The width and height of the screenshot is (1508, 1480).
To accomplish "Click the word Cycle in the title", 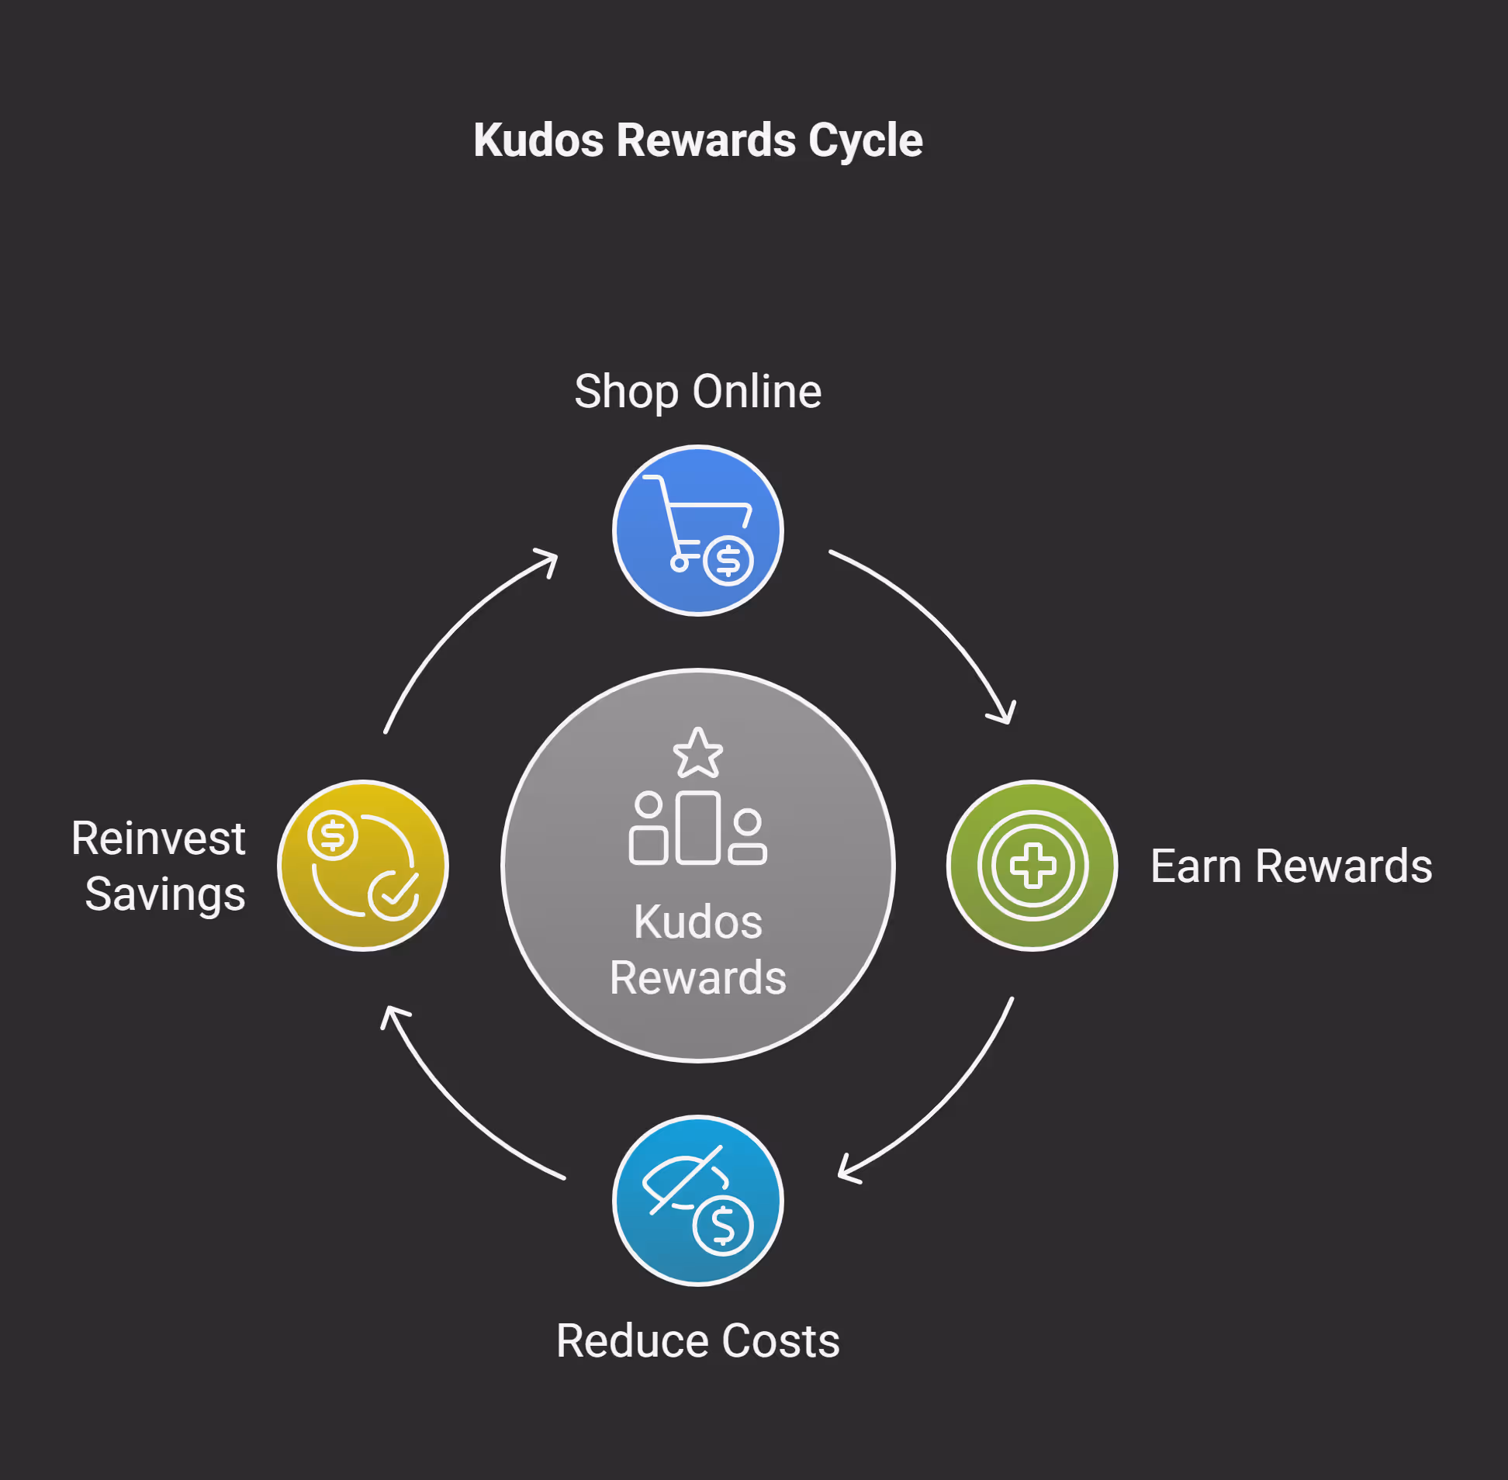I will (x=864, y=140).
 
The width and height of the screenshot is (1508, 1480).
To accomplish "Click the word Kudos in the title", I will (x=538, y=140).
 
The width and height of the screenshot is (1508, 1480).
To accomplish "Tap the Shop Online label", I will (x=697, y=391).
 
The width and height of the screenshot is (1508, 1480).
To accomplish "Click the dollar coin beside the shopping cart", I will (x=728, y=561).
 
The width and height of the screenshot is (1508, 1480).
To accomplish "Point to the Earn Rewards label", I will (x=1291, y=866).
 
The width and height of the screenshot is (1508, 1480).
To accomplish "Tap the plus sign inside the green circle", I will (x=1032, y=865).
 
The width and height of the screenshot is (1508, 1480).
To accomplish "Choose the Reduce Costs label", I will (x=697, y=1341).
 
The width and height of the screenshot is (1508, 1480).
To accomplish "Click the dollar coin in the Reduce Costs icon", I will (x=723, y=1226).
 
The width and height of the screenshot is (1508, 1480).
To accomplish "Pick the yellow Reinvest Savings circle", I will (x=363, y=865).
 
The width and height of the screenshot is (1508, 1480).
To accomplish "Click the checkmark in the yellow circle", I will (x=394, y=895).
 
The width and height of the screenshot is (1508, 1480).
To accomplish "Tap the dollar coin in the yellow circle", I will (x=333, y=835).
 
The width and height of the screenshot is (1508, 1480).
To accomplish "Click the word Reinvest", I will (x=158, y=839).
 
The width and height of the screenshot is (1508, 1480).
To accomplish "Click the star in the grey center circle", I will (x=697, y=753).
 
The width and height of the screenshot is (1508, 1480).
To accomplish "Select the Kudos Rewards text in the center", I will (x=697, y=949).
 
